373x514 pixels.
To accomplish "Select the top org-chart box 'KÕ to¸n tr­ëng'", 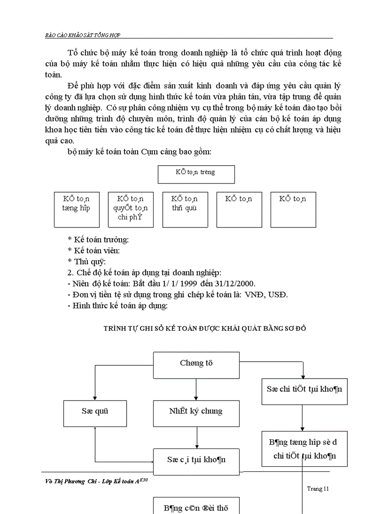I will [x=196, y=174].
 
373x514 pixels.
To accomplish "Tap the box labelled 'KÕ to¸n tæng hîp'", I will [x=76, y=210].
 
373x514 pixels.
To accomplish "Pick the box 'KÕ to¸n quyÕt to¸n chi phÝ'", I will [x=131, y=210].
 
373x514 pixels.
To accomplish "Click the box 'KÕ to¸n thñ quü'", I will [x=185, y=210].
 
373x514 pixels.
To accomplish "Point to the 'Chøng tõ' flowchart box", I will [x=196, y=365].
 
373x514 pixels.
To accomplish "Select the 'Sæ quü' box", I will [x=95, y=414].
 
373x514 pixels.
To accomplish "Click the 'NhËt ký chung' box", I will [x=196, y=414].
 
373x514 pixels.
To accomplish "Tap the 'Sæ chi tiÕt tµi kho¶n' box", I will [x=304, y=391].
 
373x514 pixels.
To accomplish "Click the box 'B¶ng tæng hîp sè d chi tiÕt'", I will [x=304, y=449].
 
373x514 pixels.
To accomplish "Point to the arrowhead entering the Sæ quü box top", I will [x=95, y=398].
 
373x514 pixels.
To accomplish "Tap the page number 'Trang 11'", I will [x=318, y=488].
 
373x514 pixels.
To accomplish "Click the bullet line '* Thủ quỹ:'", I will [x=86, y=261].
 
